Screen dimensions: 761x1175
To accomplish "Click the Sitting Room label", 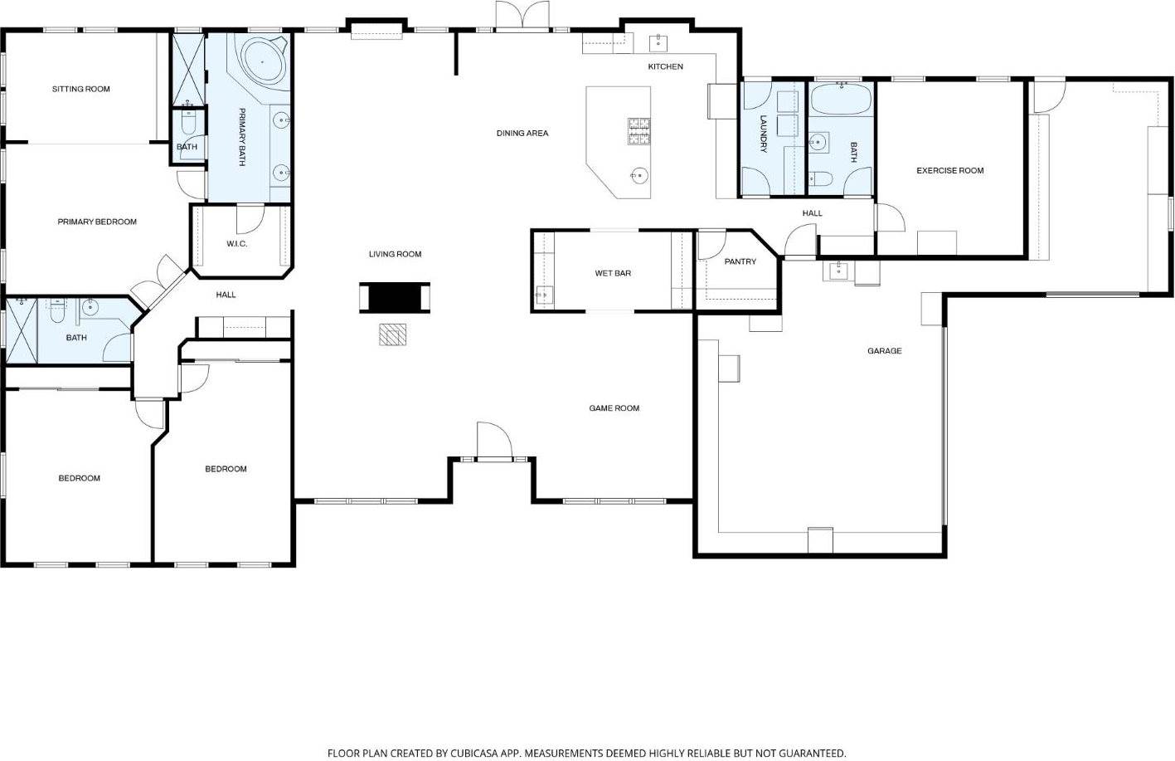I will coord(80,89).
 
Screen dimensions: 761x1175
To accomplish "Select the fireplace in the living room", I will coord(395,297).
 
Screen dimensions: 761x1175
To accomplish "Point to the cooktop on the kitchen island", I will coord(638,131).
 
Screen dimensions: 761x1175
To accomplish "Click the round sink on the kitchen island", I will coord(638,175).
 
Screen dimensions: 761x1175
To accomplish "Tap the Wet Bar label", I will coord(613,273).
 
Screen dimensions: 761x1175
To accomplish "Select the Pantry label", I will coord(740,261).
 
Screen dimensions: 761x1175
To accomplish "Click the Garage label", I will coord(884,351).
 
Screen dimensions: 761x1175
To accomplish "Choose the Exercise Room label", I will coord(949,170).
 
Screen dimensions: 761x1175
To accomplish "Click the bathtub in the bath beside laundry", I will coord(841,100).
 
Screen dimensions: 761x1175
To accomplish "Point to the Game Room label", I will coord(614,408).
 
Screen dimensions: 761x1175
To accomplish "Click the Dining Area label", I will coord(522,133).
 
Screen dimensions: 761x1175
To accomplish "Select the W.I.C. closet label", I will coord(236,244).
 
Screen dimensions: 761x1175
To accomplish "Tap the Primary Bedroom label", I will coord(97,222).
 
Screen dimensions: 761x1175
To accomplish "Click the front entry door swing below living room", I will coord(492,440).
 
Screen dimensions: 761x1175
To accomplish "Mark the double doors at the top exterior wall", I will coord(522,17).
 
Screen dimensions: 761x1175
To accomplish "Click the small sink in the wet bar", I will coord(543,294).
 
